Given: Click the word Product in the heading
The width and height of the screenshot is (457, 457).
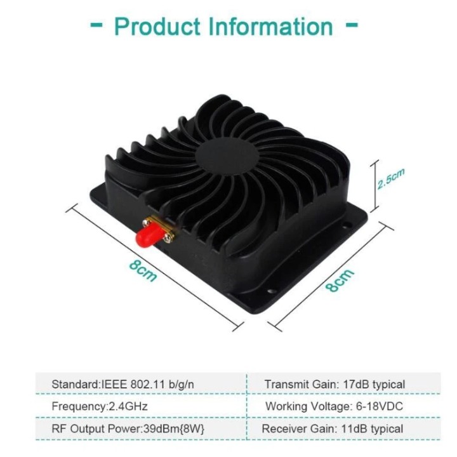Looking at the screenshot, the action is click(157, 27).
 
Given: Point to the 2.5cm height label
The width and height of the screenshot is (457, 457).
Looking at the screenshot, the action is click(390, 178).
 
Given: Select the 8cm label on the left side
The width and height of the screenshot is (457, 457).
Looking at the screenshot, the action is click(143, 271).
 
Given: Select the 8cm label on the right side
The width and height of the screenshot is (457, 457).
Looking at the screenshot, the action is click(340, 280).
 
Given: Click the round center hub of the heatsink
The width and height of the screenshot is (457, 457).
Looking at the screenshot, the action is click(227, 156).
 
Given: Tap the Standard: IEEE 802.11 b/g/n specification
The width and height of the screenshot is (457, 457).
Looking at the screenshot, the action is click(123, 385).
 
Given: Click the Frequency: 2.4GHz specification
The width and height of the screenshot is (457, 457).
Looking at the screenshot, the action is click(100, 406).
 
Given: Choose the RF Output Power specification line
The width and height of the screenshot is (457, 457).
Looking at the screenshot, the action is click(128, 428).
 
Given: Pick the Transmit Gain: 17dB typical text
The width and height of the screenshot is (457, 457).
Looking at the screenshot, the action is click(334, 385).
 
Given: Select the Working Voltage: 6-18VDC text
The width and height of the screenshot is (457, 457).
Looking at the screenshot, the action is click(334, 406).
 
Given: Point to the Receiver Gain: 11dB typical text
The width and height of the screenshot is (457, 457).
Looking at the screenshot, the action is click(333, 428).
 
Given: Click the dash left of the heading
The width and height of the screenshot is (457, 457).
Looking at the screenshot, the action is click(96, 25).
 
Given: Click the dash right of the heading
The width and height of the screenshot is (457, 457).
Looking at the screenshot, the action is click(352, 25).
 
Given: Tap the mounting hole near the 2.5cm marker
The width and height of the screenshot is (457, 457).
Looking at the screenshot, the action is click(347, 225).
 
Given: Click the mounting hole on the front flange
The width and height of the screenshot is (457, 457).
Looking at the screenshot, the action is click(272, 291).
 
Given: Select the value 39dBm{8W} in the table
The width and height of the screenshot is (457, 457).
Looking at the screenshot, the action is click(175, 428).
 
